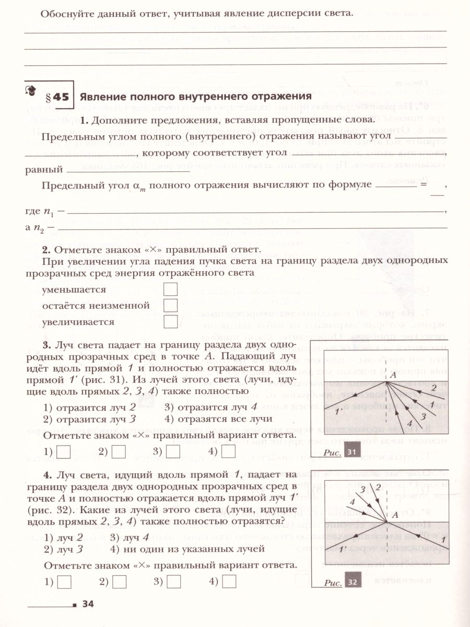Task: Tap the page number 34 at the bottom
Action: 88,605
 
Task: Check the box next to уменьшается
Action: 170,289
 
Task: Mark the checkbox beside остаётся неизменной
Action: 170,306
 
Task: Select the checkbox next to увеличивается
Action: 170,322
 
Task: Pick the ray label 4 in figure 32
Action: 352,502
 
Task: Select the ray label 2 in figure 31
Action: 433,387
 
